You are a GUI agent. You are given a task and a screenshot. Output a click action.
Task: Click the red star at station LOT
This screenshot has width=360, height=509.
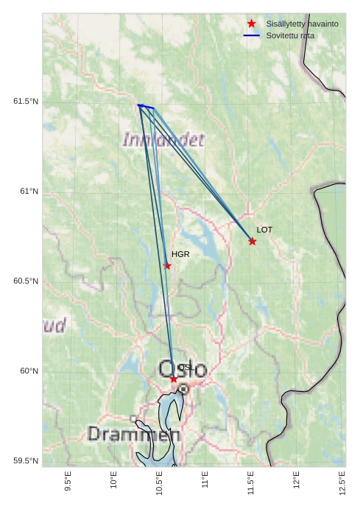tap(253, 242)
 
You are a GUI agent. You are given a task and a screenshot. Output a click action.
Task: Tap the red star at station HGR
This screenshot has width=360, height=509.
tap(167, 266)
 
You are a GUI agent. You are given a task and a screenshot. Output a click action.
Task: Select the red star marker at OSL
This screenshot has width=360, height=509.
tap(174, 379)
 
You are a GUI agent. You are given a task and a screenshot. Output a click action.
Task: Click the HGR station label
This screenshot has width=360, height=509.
tap(181, 254)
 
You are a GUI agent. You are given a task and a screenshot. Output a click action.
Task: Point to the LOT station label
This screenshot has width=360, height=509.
tap(265, 230)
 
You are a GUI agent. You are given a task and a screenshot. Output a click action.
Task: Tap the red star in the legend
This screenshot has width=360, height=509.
tap(252, 24)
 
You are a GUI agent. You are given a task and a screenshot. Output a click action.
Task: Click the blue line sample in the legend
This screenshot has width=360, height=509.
tap(252, 35)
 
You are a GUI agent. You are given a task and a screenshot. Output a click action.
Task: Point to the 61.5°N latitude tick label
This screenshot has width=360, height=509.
tap(26, 101)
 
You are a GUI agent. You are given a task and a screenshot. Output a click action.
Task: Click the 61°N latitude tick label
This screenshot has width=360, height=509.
tap(29, 192)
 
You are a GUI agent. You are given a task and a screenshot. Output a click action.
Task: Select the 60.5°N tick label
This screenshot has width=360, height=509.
tap(26, 281)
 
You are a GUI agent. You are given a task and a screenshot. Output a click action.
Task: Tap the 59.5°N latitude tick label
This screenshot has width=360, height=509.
tap(26, 461)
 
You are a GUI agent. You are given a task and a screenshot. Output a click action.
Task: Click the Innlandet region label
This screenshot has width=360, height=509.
tap(163, 139)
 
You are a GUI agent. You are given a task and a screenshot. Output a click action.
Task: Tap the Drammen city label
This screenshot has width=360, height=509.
tap(133, 434)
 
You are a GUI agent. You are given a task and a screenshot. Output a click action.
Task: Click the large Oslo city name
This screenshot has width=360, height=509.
tap(183, 370)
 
